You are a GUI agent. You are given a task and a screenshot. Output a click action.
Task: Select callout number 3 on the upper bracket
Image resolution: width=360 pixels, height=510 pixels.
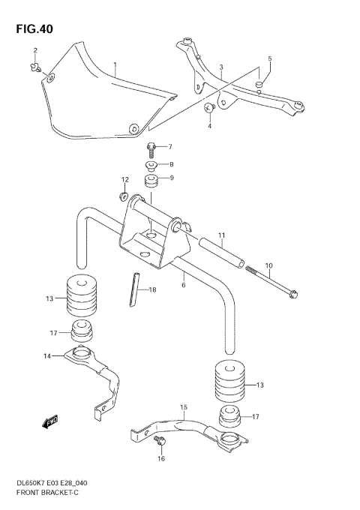[221, 68]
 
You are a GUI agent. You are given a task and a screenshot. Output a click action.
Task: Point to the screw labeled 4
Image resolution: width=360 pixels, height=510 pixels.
[210, 109]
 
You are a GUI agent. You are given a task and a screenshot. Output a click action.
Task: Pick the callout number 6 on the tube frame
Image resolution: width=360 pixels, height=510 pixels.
[183, 286]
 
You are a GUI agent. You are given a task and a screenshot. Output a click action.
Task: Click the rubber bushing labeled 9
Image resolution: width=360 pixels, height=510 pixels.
[153, 181]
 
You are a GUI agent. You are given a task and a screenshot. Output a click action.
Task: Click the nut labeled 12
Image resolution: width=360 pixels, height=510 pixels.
[122, 196]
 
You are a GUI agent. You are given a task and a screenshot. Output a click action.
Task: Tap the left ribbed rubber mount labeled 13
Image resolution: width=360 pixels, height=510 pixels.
[82, 296]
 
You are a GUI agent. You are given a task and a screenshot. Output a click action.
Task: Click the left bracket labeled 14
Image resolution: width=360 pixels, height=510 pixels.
[94, 379]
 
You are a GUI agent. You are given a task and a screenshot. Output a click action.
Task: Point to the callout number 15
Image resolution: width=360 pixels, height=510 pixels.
[182, 408]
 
